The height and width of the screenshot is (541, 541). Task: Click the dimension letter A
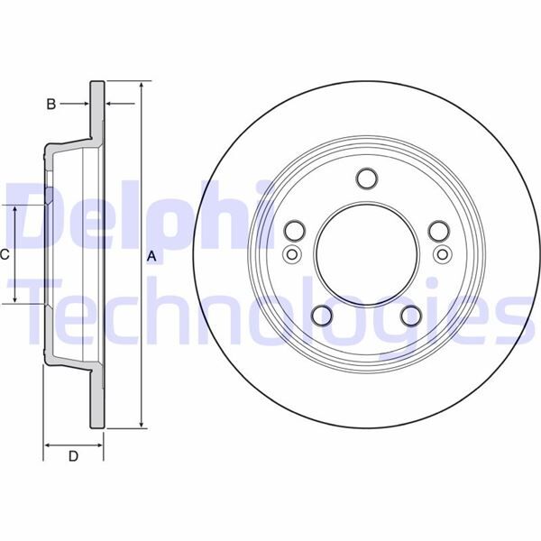(x=152, y=256)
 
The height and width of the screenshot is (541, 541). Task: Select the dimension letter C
(x=5, y=255)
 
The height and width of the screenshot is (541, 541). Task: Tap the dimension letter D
(x=74, y=456)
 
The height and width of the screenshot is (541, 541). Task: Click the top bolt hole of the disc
(x=367, y=178)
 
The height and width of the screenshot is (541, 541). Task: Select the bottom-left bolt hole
(x=323, y=314)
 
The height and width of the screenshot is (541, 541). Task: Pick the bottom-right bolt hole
(x=411, y=314)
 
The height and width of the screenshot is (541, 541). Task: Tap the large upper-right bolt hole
(x=439, y=231)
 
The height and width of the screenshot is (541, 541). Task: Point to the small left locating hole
(x=291, y=254)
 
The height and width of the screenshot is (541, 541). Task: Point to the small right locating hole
(x=443, y=254)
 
